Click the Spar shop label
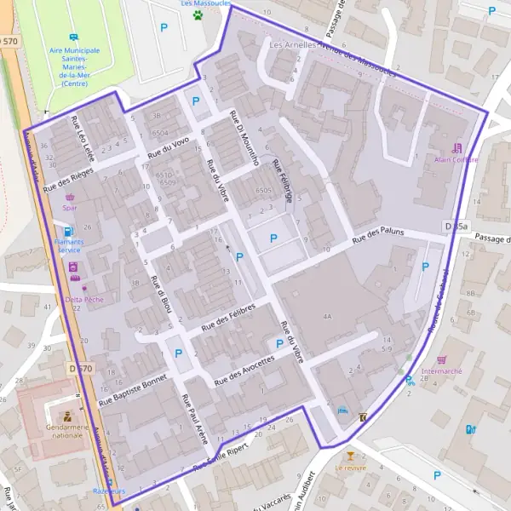(70, 206)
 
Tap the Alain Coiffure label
(456, 159)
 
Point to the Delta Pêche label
(83, 300)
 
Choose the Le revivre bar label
(350, 468)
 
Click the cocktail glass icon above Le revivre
(350, 456)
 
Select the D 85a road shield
(456, 226)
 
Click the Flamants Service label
(68, 245)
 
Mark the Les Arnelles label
(287, 43)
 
